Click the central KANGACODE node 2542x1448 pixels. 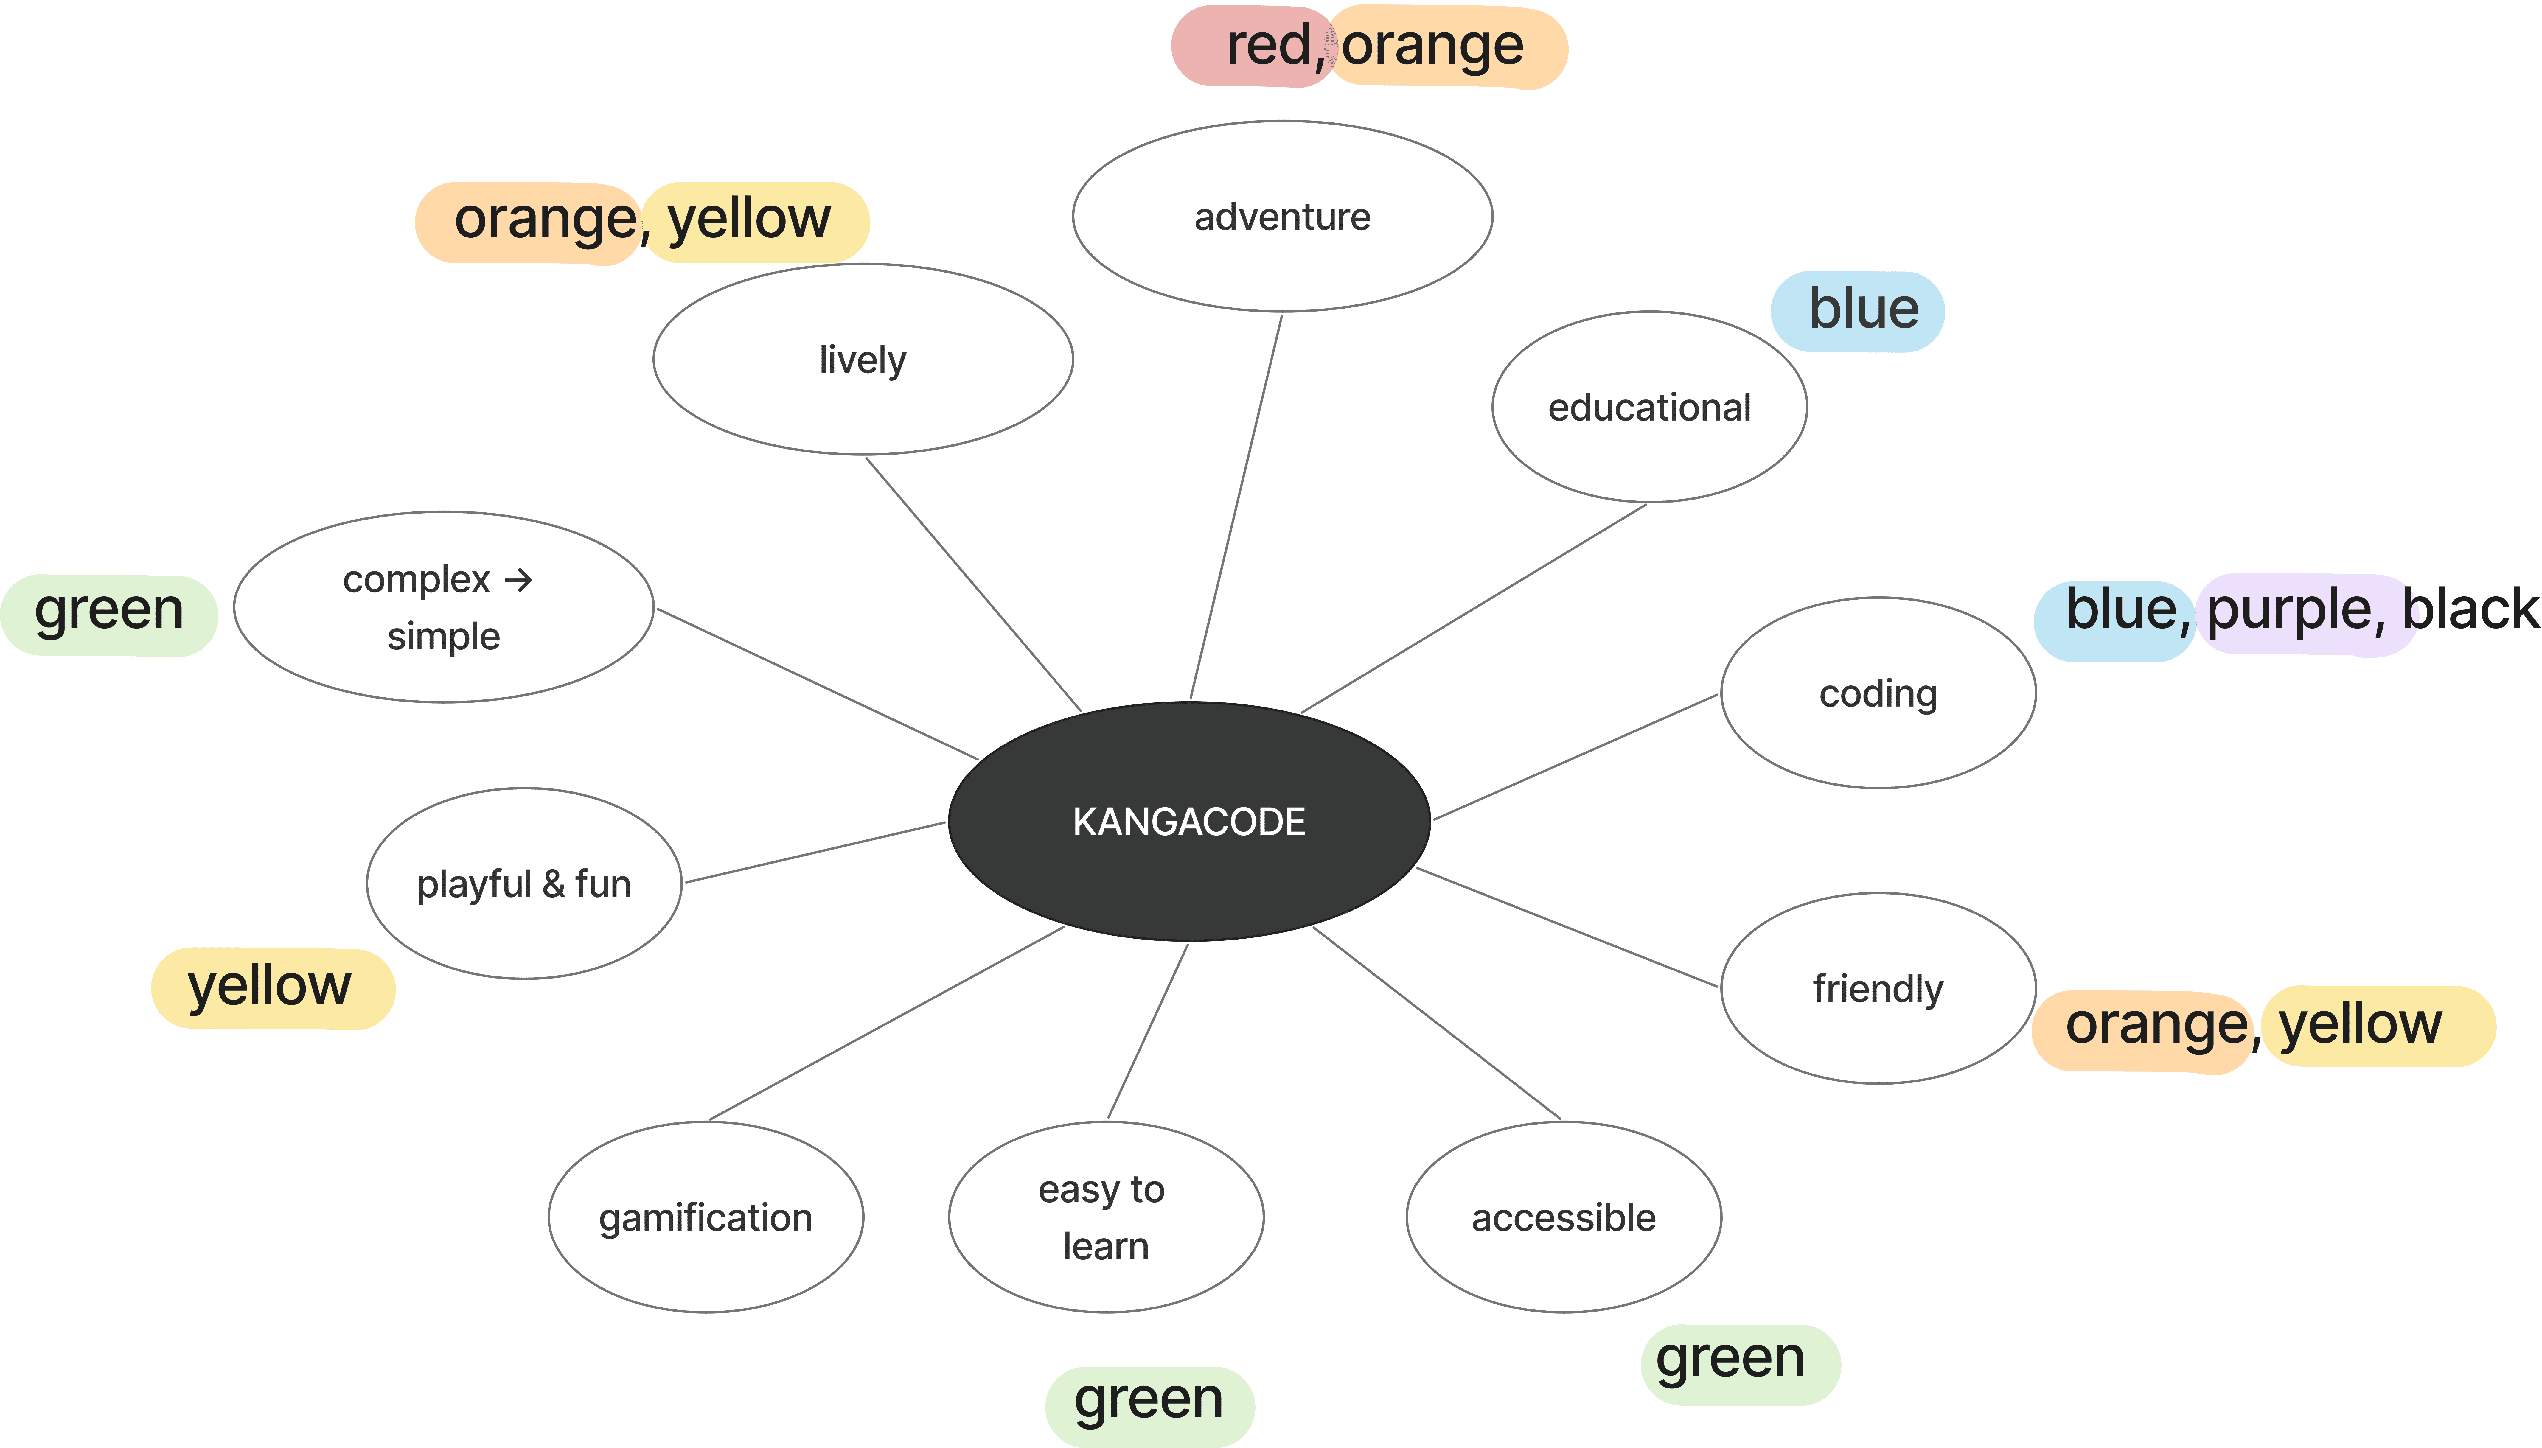tap(1188, 822)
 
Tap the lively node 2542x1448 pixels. tap(862, 359)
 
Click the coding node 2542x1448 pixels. tap(1878, 693)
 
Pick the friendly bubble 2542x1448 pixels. tap(1878, 989)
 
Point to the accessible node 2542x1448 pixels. tap(1563, 1217)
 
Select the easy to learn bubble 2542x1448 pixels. tap(1105, 1217)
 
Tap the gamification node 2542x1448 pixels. tap(705, 1217)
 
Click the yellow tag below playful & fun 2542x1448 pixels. tap(271, 987)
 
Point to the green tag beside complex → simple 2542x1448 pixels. tap(109, 614)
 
